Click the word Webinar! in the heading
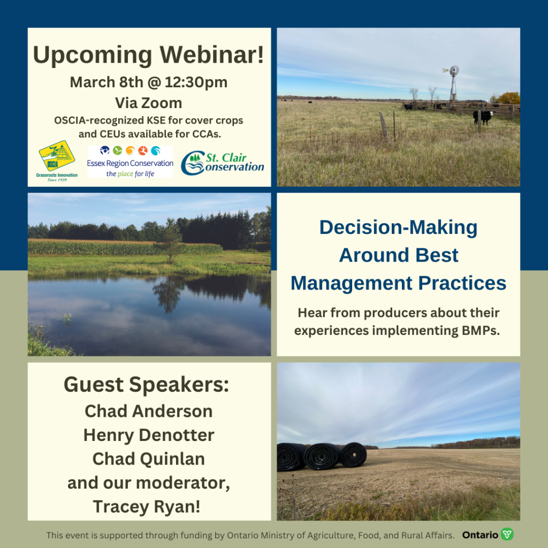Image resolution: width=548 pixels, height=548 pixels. pyautogui.click(x=212, y=55)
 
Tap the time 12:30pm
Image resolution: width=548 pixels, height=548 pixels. pyautogui.click(x=196, y=82)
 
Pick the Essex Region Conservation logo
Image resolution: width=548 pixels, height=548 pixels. pyautogui.click(x=130, y=162)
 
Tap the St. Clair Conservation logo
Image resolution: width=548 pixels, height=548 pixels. pyautogui.click(x=222, y=163)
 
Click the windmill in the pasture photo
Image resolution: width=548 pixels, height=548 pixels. pyautogui.click(x=453, y=82)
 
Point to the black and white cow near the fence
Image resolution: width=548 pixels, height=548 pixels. pyautogui.click(x=484, y=117)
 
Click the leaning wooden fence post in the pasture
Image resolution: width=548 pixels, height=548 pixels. pyautogui.click(x=383, y=126)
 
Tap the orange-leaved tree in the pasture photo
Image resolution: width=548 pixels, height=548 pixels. pyautogui.click(x=508, y=98)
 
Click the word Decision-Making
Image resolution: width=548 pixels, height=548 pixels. pyautogui.click(x=398, y=228)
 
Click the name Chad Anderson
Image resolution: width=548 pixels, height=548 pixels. pyautogui.click(x=149, y=412)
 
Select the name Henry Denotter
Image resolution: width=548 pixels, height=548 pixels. pyautogui.click(x=149, y=435)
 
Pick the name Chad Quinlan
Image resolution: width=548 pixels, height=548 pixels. pyautogui.click(x=149, y=459)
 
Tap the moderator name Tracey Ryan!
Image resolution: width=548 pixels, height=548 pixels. pyautogui.click(x=147, y=507)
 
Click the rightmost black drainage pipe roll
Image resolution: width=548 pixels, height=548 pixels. pyautogui.click(x=354, y=455)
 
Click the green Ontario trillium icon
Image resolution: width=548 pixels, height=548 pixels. pyautogui.click(x=507, y=535)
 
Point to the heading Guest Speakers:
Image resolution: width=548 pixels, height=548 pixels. pyautogui.click(x=147, y=385)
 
